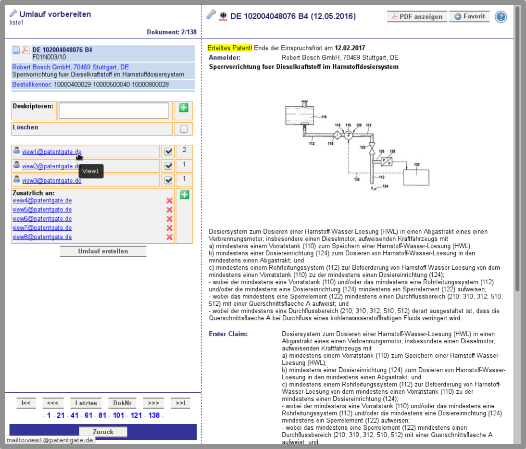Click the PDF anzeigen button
(x=417, y=16)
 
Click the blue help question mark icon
(x=501, y=17)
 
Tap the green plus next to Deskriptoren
(x=184, y=108)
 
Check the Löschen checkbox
(x=184, y=129)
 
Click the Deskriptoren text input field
(x=114, y=111)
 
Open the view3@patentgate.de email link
(x=51, y=180)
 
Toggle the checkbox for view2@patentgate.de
(x=168, y=166)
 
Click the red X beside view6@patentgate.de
(x=169, y=219)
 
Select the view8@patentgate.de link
(x=42, y=237)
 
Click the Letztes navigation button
(x=86, y=403)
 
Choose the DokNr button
(x=122, y=403)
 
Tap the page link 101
(x=118, y=415)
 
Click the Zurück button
(x=103, y=432)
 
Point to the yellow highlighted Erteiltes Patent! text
(x=229, y=48)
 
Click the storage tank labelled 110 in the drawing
(x=300, y=115)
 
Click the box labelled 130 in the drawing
(x=416, y=177)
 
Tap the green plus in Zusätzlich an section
(x=185, y=195)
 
